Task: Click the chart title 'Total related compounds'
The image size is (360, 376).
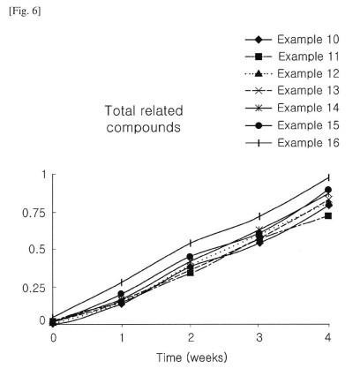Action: pyautogui.click(x=144, y=119)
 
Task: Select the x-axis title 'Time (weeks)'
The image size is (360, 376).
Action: pyautogui.click(x=191, y=357)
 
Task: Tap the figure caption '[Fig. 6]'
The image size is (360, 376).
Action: pyautogui.click(x=25, y=11)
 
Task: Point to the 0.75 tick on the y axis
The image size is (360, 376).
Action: pyautogui.click(x=34, y=213)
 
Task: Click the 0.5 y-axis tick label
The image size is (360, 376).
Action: pyautogui.click(x=37, y=250)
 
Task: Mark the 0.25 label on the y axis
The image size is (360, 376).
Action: pyautogui.click(x=34, y=288)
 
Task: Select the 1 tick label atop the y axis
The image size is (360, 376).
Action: pyautogui.click(x=44, y=175)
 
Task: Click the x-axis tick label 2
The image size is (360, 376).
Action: pyautogui.click(x=191, y=337)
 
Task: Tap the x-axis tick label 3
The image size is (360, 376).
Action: pyautogui.click(x=259, y=337)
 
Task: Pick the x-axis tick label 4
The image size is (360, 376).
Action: pyautogui.click(x=328, y=337)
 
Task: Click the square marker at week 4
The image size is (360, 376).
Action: pyautogui.click(x=328, y=216)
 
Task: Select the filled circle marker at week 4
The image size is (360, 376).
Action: pyautogui.click(x=328, y=190)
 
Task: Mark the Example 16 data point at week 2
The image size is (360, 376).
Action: pyautogui.click(x=191, y=243)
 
